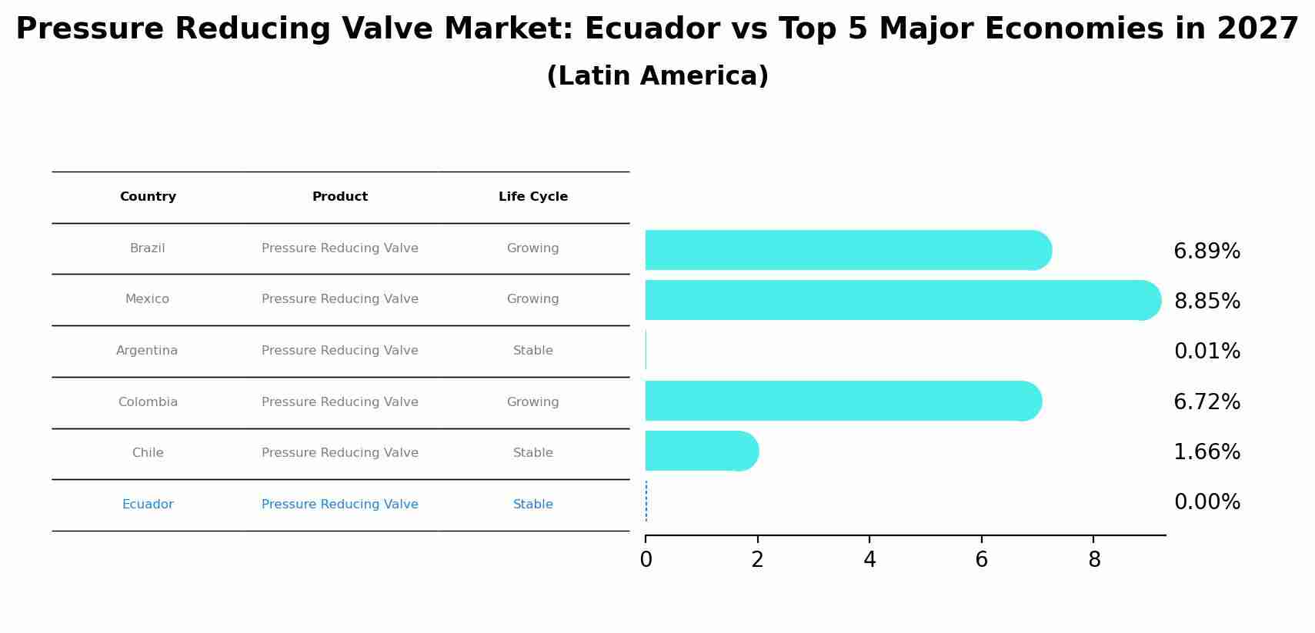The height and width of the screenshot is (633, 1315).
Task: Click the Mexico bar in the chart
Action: pos(900,300)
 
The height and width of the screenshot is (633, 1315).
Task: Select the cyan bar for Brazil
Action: pos(846,250)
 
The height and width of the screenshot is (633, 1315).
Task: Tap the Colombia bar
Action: pos(842,401)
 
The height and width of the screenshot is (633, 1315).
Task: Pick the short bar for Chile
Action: pos(700,451)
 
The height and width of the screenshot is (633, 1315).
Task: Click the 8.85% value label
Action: pos(1207,302)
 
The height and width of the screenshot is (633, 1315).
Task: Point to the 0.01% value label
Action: pos(1207,351)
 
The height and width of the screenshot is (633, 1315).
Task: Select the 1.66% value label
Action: pos(1207,452)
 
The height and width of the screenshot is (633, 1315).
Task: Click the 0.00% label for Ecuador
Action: pos(1207,502)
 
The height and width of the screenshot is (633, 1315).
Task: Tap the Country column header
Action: pos(148,197)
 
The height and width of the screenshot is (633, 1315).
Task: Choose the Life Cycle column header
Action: pos(532,197)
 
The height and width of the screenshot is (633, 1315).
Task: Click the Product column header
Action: pos(339,197)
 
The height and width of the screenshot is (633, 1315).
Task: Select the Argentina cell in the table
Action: pos(147,351)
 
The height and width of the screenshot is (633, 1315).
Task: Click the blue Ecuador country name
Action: pos(148,505)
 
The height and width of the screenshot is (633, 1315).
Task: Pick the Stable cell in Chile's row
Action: pos(532,453)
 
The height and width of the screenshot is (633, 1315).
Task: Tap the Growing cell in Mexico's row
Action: pos(532,299)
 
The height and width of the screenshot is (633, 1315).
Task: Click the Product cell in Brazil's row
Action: pos(339,248)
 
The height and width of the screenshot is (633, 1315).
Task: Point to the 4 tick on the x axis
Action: pos(869,559)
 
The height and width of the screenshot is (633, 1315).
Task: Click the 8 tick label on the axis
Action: pos(1093,559)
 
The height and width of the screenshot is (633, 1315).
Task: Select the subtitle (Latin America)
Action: pos(657,76)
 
